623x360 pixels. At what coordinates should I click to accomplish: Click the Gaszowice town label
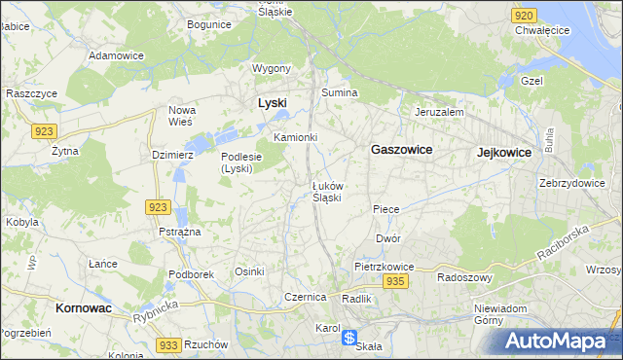401,150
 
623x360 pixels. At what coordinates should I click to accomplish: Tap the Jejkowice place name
503,153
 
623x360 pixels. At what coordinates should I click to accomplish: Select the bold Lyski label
272,102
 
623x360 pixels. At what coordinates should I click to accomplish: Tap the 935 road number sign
394,281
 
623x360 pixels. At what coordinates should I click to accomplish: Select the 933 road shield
168,345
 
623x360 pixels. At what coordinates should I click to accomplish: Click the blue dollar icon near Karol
349,337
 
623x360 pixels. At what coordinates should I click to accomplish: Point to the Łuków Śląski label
326,191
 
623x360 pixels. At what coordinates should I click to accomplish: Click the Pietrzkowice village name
385,266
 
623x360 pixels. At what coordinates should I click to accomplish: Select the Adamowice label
116,55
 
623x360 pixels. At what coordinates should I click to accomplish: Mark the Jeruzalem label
439,112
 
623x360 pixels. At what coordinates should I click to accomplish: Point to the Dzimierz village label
173,154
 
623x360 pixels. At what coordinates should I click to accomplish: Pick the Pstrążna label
179,232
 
